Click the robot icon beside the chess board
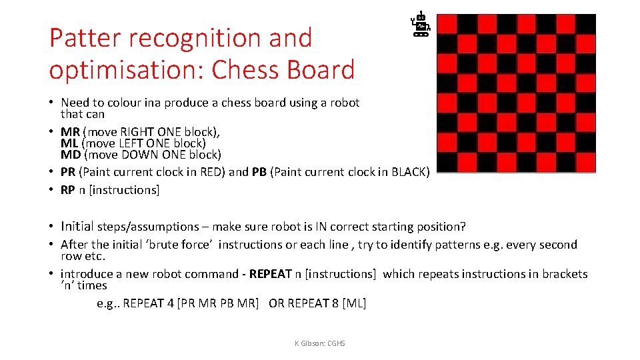(x=421, y=24)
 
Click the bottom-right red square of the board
(x=586, y=163)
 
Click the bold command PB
(x=259, y=172)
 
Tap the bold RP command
(x=67, y=190)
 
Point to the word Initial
(x=77, y=226)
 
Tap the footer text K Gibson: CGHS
(x=319, y=343)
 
